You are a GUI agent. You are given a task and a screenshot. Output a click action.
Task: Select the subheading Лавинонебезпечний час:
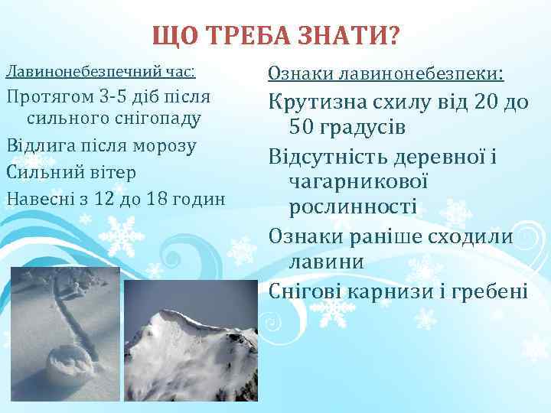100,71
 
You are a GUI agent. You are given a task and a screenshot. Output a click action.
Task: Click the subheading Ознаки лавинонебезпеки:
385,74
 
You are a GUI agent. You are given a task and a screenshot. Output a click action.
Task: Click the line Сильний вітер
70,172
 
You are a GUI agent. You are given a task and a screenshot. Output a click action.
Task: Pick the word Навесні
39,198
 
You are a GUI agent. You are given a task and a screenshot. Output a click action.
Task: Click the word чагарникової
358,182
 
